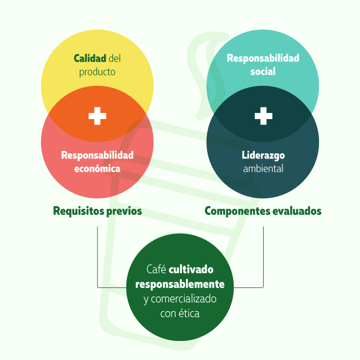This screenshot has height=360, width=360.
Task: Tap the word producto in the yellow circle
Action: pos(97,72)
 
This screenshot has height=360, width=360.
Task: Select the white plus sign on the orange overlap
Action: pos(97,116)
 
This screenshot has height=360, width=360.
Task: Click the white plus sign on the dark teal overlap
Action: pos(263,116)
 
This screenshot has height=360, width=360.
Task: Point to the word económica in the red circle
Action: pos(97,168)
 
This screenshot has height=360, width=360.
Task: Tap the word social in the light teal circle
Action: pos(263,71)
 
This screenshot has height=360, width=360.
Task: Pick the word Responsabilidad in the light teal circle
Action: pos(263,58)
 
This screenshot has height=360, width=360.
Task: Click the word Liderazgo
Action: pos(263,155)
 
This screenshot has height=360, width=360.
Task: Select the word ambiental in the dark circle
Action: pos(263,168)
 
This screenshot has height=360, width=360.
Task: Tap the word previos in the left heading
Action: pos(124,211)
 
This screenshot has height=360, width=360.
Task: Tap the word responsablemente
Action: pos(180,284)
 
